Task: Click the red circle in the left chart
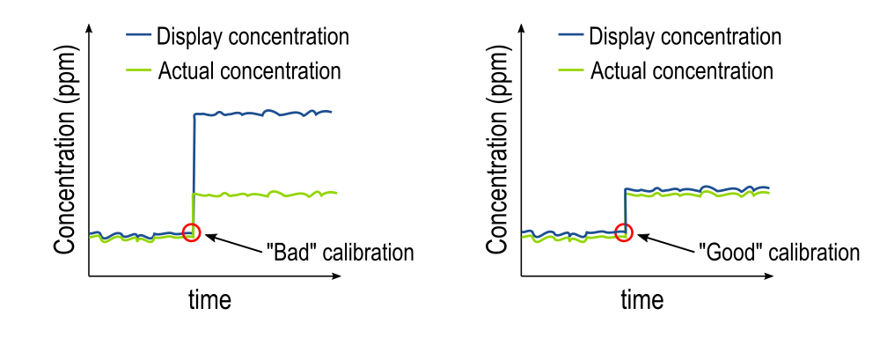(192, 232)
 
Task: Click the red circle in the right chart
(624, 232)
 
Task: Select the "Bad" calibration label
(339, 252)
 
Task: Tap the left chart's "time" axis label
(210, 299)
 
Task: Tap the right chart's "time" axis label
(642, 299)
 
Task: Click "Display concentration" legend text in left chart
(253, 37)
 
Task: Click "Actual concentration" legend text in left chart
(249, 70)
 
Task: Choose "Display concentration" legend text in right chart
(685, 37)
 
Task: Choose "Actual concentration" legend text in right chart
(681, 70)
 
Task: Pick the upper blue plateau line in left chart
(264, 113)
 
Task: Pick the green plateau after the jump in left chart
(264, 194)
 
